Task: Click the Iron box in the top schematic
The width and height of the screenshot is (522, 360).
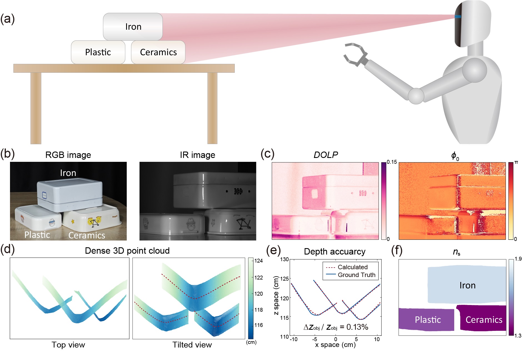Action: (x=133, y=27)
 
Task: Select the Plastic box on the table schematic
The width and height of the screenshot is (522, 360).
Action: (x=98, y=52)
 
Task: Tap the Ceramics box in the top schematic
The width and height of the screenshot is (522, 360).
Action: (x=158, y=52)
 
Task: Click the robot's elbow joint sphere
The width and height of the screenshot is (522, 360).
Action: (x=416, y=96)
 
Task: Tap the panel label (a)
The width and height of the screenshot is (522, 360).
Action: (x=8, y=19)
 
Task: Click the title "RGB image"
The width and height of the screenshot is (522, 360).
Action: (x=68, y=155)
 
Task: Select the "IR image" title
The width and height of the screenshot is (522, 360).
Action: (x=198, y=155)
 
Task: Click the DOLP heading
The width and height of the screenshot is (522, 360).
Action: (x=326, y=155)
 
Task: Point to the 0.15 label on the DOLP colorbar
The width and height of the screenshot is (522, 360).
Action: (x=392, y=162)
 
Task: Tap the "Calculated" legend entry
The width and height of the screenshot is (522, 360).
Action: (x=353, y=267)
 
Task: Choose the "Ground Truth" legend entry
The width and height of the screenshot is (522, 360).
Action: (x=356, y=275)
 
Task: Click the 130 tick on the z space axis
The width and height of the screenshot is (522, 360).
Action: (x=284, y=260)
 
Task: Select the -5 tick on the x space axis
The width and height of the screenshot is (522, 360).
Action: (x=314, y=339)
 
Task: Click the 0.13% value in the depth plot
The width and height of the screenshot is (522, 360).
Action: (x=357, y=327)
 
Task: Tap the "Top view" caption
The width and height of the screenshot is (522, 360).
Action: (x=68, y=345)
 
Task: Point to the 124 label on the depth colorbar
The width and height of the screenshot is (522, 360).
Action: (x=258, y=261)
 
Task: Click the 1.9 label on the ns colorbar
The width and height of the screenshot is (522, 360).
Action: (x=518, y=259)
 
